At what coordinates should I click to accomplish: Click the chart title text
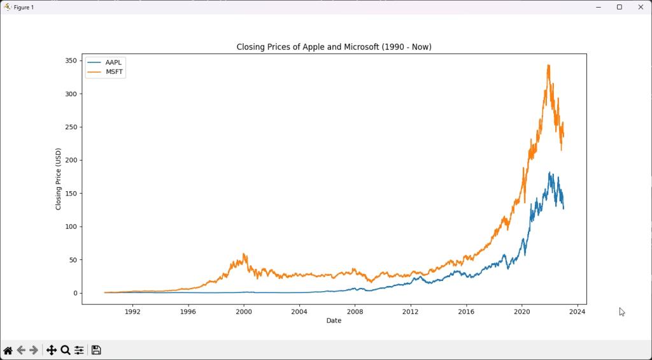(334, 47)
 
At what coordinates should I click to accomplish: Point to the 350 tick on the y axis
(71, 61)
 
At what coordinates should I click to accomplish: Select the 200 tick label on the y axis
(71, 160)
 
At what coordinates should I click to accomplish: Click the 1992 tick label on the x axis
(132, 312)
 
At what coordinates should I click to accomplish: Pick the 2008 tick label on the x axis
(355, 312)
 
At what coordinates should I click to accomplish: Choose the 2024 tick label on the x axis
(578, 312)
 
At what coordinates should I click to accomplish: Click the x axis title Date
(334, 320)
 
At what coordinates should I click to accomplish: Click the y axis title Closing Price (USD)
(59, 179)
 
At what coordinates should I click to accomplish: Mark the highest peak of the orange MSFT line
(548, 65)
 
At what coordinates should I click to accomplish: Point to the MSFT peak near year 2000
(244, 254)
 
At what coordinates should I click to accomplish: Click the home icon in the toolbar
(8, 350)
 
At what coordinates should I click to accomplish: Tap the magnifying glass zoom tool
(65, 350)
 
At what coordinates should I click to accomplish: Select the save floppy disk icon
(96, 350)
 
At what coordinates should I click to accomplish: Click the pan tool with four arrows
(51, 350)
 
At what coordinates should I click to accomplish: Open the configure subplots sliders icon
(79, 350)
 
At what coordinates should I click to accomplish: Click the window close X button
(641, 7)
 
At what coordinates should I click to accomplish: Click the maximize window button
(619, 7)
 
